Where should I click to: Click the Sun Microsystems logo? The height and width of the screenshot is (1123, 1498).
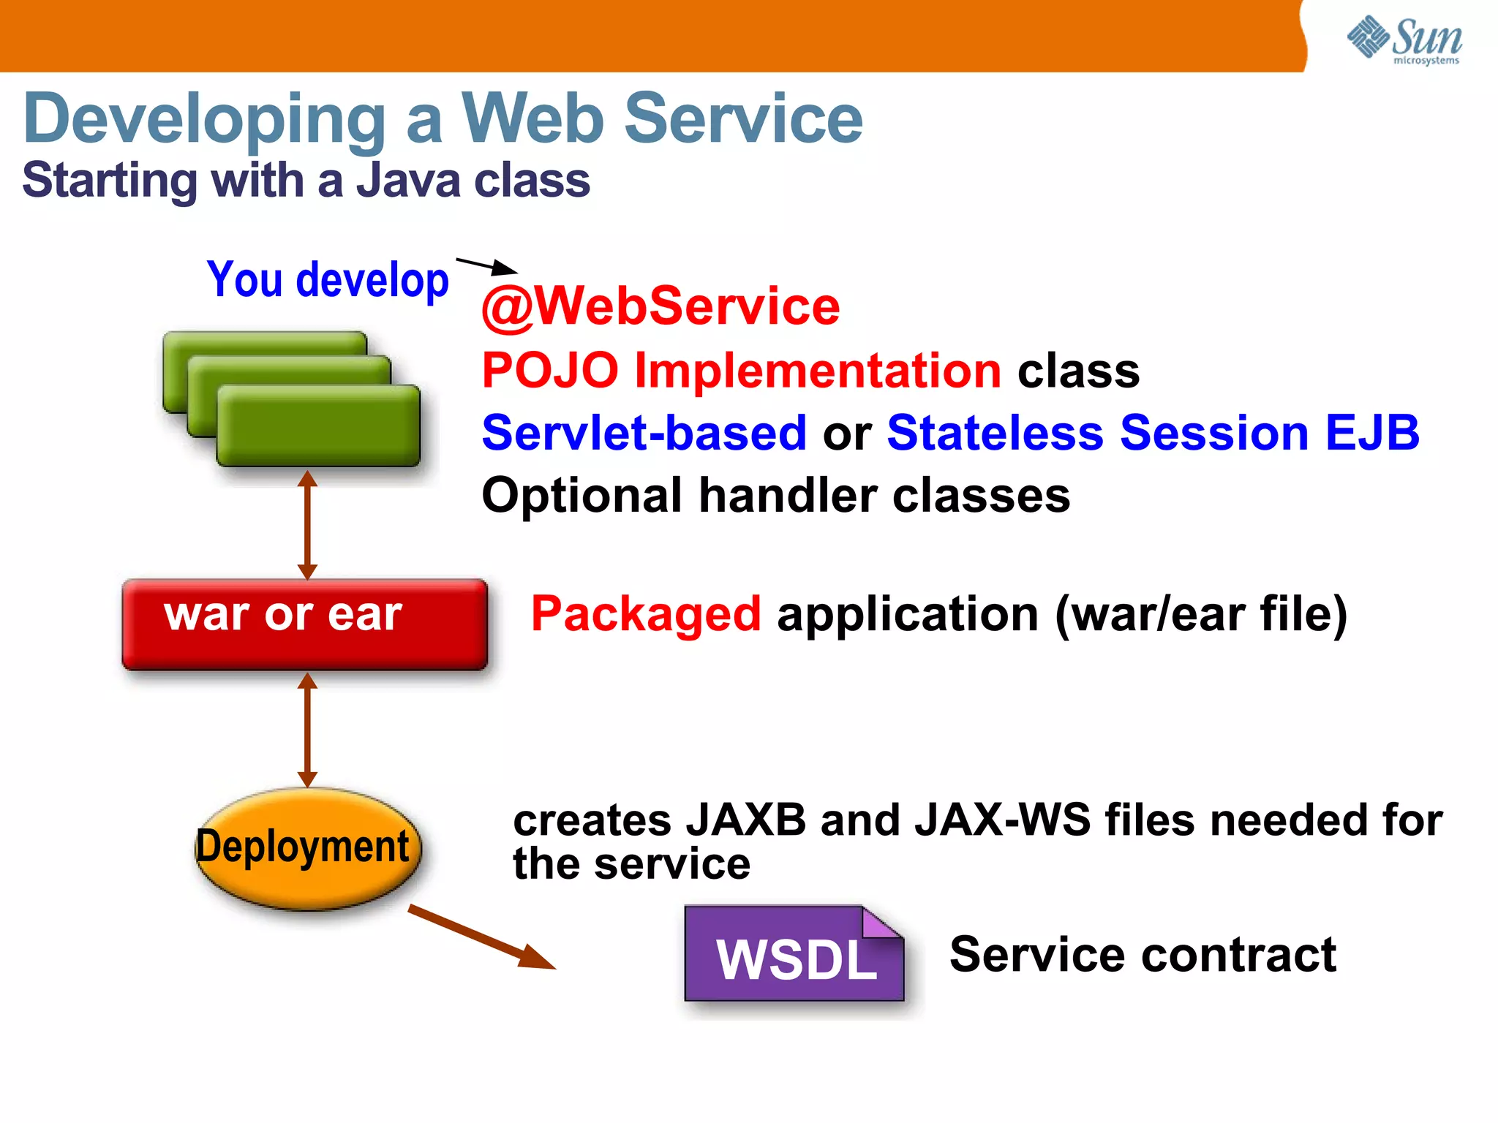point(1404,40)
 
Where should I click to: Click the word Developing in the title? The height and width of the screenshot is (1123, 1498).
point(205,118)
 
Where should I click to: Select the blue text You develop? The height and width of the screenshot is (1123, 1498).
point(328,280)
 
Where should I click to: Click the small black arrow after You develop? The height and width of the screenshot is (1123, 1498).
point(486,265)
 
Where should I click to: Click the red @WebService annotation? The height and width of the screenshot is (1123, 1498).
point(660,306)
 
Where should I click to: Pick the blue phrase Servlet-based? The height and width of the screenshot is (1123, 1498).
point(644,432)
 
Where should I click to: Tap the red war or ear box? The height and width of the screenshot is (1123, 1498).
point(304,624)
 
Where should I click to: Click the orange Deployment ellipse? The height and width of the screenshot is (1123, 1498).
point(307,848)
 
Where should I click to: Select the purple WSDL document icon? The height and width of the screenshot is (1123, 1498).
point(794,955)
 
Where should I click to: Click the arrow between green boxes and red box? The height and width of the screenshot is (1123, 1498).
point(307,525)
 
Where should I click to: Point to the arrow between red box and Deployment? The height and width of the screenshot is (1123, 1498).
point(307,730)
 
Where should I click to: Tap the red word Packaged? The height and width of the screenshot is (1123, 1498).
point(645,613)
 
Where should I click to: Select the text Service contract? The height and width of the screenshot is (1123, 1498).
point(1143,954)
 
